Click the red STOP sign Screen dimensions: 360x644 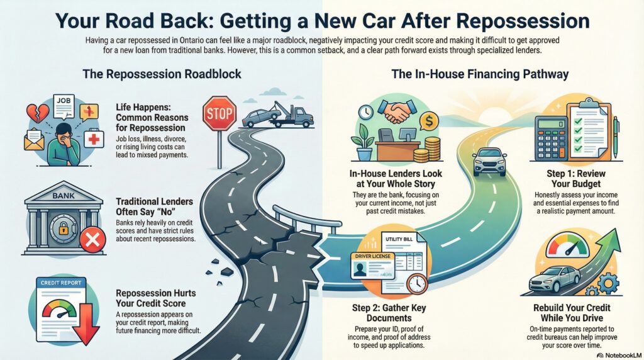click(219, 113)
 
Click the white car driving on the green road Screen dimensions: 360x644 click(489, 161)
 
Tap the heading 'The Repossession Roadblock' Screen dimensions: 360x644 click(162, 74)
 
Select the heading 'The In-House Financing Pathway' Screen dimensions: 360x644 click(480, 74)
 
